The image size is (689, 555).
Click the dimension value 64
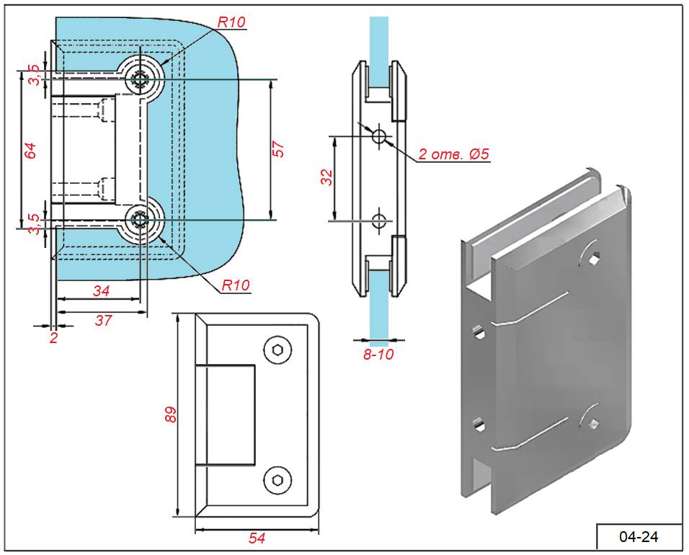(x=30, y=151)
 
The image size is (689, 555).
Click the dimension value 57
(x=281, y=148)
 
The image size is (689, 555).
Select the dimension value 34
(x=101, y=290)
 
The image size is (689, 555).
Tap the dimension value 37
(x=104, y=321)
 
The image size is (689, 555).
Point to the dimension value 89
(x=172, y=414)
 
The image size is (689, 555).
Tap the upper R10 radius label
(x=231, y=22)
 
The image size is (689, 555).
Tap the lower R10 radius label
(x=236, y=285)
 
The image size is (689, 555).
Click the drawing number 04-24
(x=639, y=536)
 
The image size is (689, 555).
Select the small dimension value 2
(x=53, y=337)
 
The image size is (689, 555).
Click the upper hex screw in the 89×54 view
(x=278, y=350)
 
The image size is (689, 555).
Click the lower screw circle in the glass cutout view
(x=139, y=223)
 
